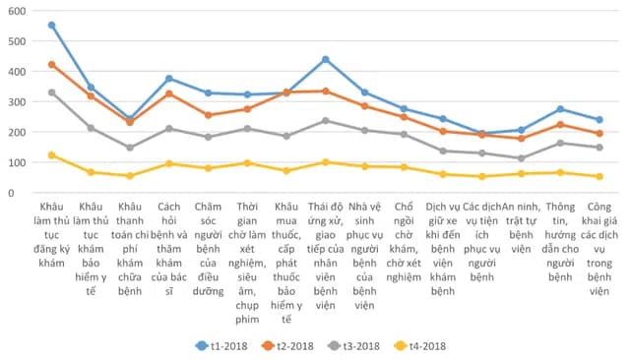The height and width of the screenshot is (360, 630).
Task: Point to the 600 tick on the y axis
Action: click(17, 11)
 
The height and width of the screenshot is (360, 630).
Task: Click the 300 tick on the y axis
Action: click(17, 102)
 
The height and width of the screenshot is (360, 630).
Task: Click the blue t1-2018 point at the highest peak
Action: click(52, 26)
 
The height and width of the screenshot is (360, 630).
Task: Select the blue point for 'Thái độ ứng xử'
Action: click(325, 59)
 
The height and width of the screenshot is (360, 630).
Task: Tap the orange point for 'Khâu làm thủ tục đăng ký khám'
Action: click(52, 65)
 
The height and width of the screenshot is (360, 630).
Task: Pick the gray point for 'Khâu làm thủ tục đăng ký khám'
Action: click(52, 92)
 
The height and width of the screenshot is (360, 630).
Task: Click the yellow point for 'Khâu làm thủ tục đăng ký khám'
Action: click(52, 155)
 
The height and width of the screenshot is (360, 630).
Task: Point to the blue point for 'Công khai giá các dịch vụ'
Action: click(598, 120)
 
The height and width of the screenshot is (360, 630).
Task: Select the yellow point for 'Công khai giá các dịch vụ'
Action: click(598, 177)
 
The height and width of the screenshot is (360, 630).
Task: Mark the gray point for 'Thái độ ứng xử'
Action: click(325, 121)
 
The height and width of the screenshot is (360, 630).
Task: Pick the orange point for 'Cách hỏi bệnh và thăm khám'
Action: click(169, 93)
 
